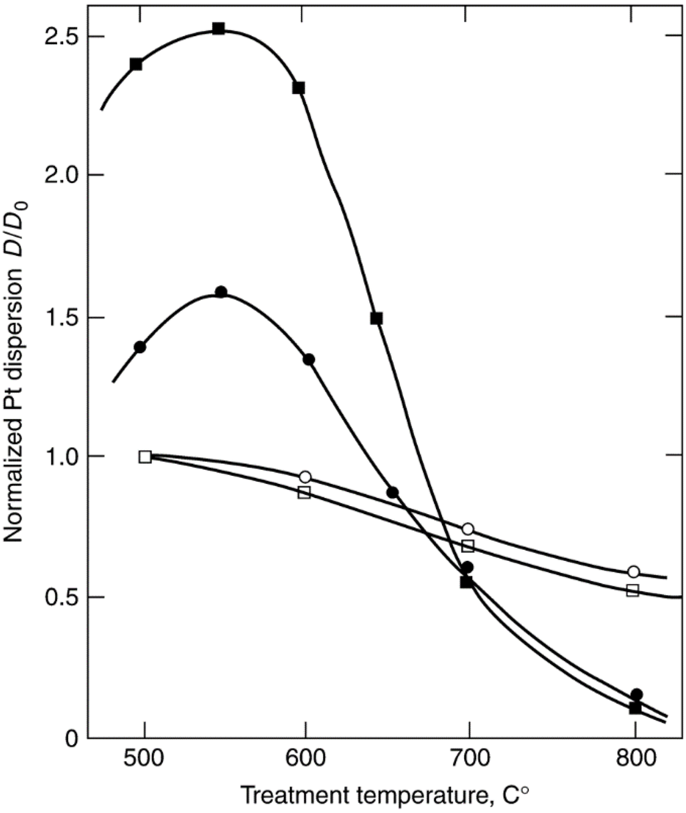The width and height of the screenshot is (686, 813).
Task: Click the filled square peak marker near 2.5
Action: point(218,28)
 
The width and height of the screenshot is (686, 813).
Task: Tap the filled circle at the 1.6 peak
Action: point(221,292)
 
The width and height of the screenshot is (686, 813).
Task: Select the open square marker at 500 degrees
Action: point(145,456)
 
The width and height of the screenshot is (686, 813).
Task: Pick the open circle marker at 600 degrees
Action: point(305,477)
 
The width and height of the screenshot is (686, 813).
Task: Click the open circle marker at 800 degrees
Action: point(633,572)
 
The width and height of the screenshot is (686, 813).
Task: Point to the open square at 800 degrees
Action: point(632,590)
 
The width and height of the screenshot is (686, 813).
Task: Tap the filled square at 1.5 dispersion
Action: point(376,318)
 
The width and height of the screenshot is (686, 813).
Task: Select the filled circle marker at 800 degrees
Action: point(636,694)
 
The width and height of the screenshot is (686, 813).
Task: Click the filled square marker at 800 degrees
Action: point(635,708)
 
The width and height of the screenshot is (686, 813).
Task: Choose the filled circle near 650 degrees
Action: point(393,493)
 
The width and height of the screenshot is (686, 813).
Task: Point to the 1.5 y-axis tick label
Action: point(61,316)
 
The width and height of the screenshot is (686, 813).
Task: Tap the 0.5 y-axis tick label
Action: point(61,597)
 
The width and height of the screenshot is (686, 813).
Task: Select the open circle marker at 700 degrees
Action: point(468,529)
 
